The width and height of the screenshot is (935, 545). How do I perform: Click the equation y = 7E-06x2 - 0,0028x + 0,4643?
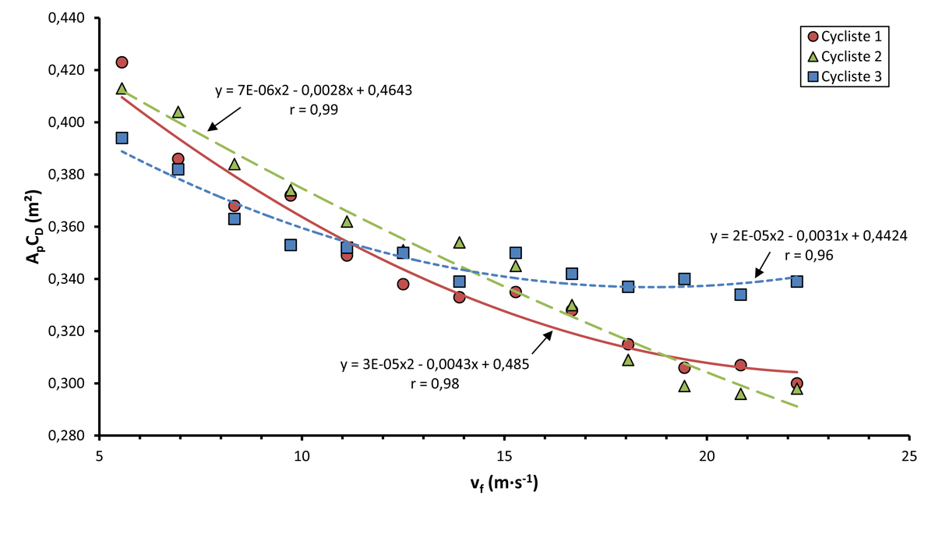pos(313,90)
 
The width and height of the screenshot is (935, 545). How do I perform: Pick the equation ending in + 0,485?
pos(435,364)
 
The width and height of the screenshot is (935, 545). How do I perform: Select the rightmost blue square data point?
pos(796,281)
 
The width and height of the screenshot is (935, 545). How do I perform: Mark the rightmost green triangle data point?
pos(796,388)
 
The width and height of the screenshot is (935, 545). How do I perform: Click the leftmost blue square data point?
pos(122,138)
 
